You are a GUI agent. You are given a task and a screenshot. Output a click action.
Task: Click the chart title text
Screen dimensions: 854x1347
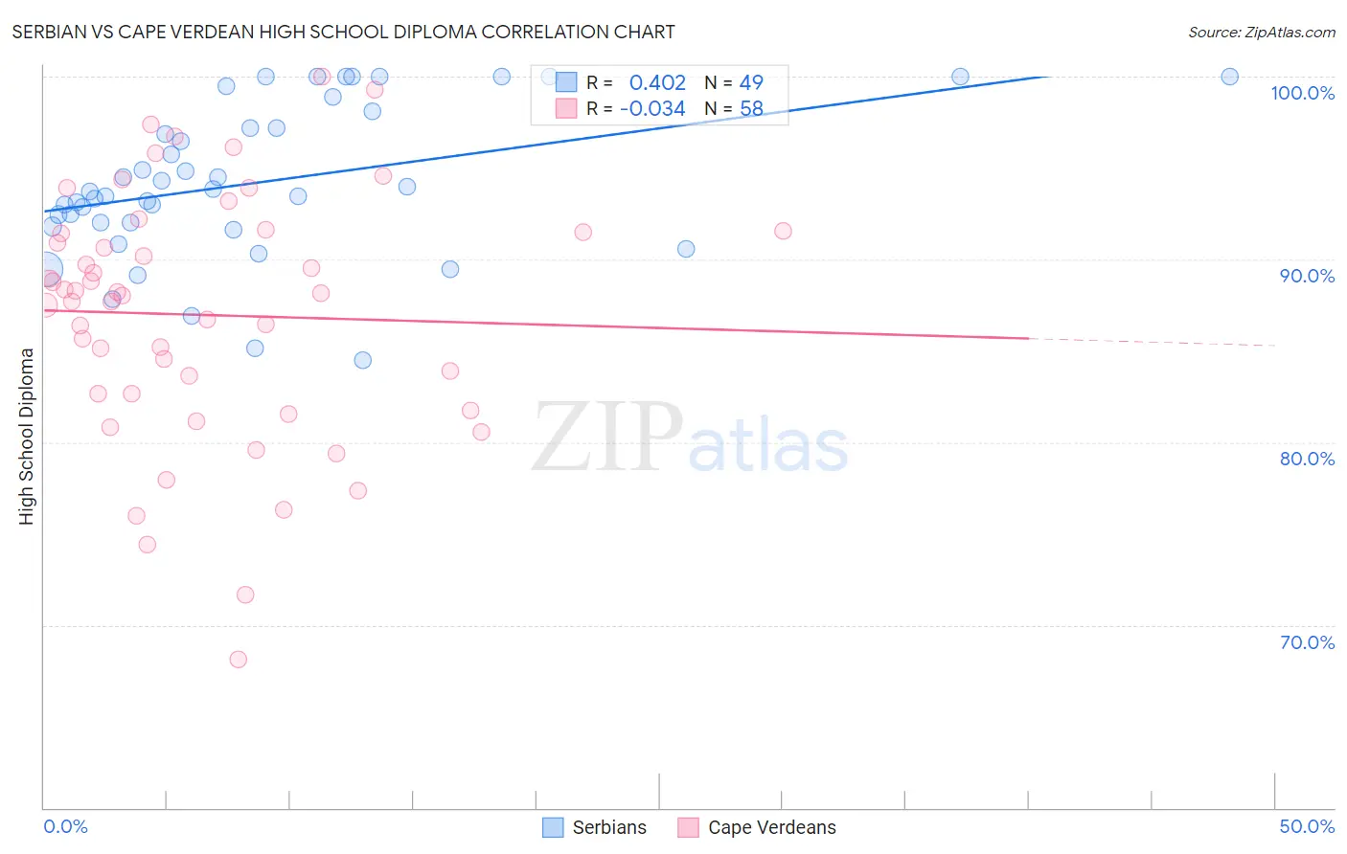click(x=343, y=33)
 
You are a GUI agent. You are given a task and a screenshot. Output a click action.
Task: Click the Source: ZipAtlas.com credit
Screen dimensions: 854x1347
click(x=1261, y=33)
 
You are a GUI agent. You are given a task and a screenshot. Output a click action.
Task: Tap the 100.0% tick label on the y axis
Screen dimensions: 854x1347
click(x=1302, y=93)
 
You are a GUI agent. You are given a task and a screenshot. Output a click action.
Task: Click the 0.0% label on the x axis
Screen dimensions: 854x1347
click(x=65, y=826)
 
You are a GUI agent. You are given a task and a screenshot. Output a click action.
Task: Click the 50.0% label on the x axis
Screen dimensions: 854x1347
click(x=1307, y=826)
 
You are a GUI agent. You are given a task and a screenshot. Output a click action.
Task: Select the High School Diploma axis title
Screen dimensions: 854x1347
click(x=27, y=436)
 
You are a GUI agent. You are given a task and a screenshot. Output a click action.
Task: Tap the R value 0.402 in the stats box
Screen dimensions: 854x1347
click(x=657, y=83)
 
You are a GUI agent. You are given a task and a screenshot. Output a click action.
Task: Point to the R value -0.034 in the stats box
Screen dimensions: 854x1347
click(x=652, y=109)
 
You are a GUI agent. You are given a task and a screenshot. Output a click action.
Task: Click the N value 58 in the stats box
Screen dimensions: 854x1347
click(x=751, y=109)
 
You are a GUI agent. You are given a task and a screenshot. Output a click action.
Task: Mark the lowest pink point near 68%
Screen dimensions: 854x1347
click(x=239, y=660)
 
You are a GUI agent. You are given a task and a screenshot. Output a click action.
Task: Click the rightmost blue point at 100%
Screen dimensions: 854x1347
click(x=1229, y=77)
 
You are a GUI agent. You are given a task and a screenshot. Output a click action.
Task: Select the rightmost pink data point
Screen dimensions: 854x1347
click(x=783, y=231)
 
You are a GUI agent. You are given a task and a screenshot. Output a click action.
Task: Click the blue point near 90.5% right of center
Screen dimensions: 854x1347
click(x=686, y=249)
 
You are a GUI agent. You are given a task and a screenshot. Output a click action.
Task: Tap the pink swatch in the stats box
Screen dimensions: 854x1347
click(x=566, y=109)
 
